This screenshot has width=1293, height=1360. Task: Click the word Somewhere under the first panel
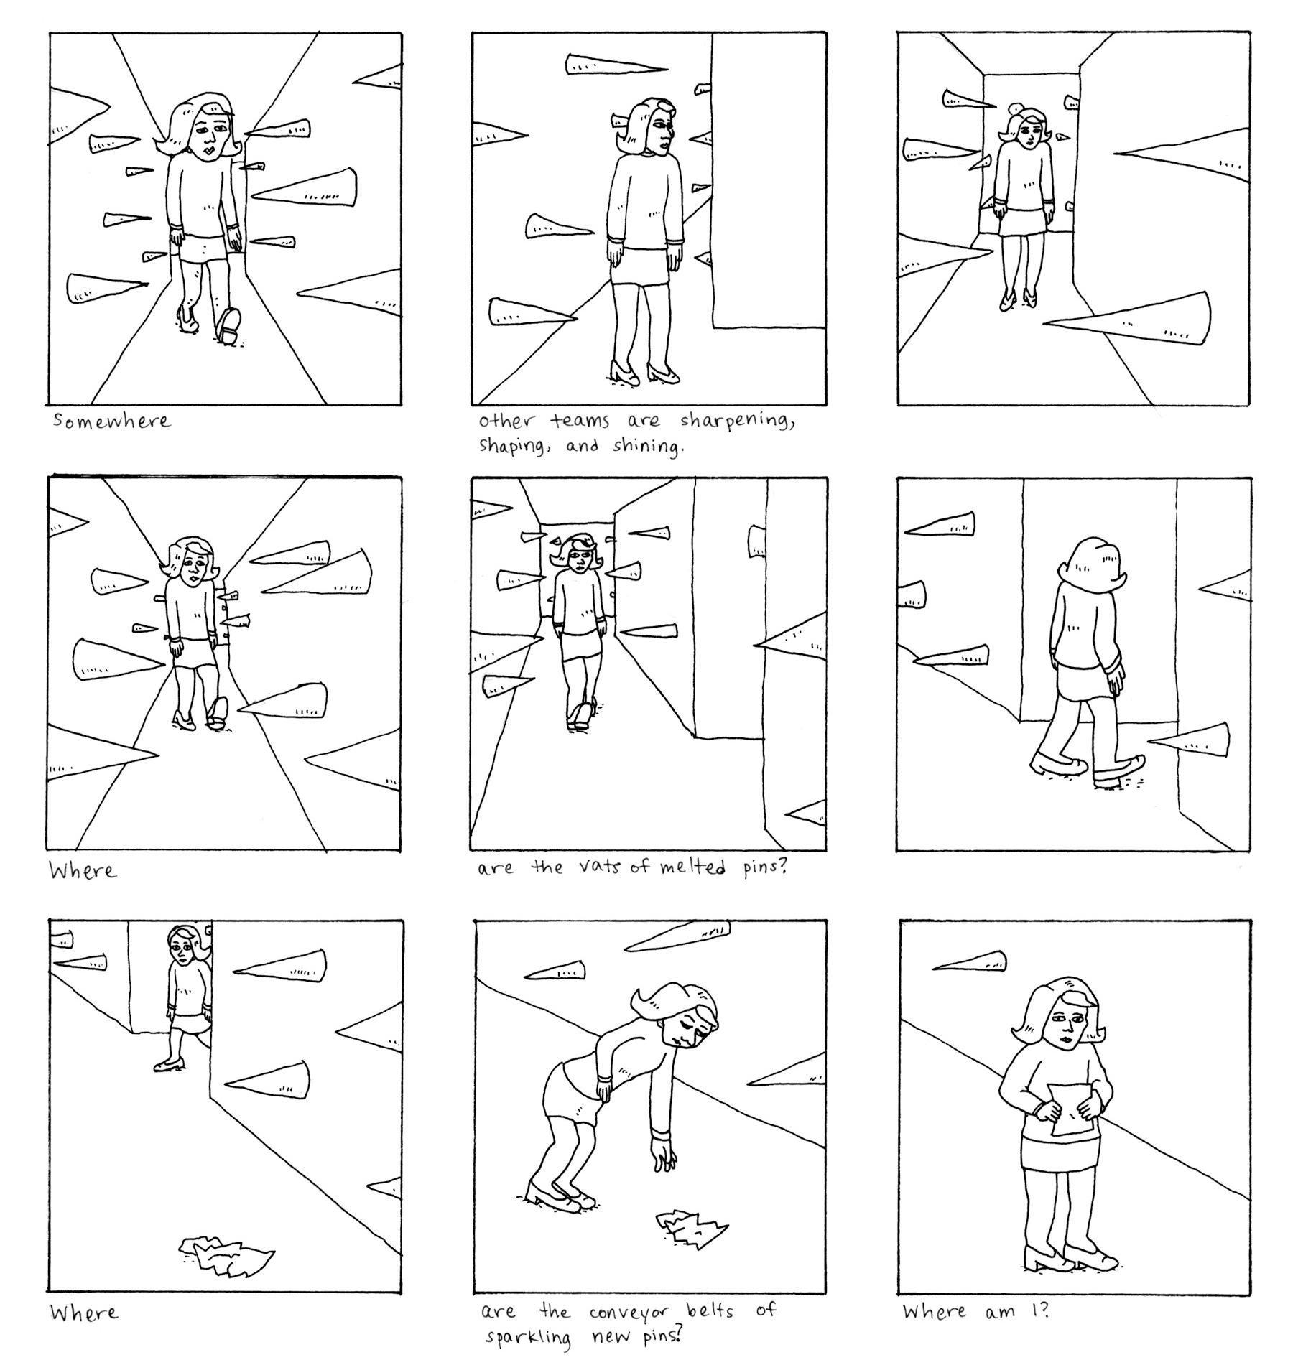click(112, 421)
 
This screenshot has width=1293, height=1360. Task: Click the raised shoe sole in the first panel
click(229, 325)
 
